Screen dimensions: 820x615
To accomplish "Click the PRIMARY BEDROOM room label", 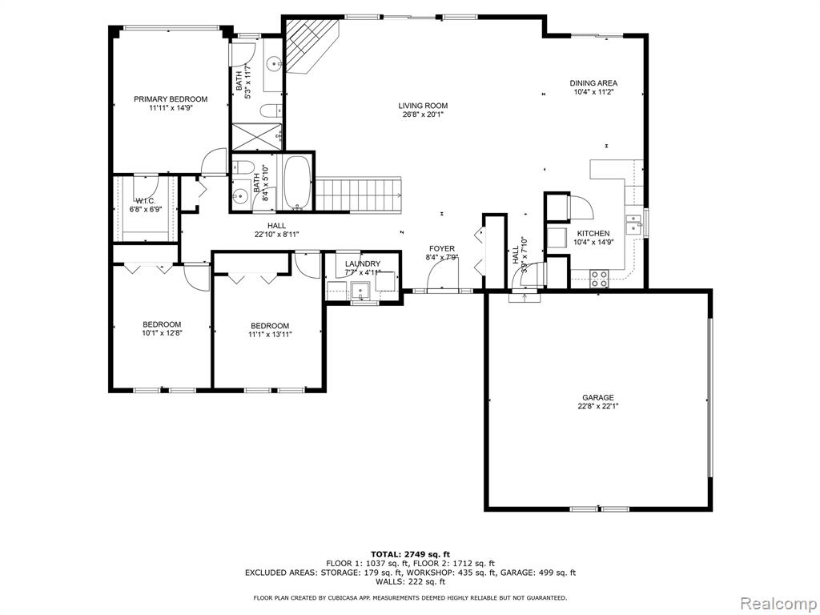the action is pyautogui.click(x=171, y=98).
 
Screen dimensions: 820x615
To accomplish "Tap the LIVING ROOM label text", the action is pyautogui.click(x=423, y=106).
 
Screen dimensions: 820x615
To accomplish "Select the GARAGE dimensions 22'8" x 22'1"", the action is pyautogui.click(x=599, y=406).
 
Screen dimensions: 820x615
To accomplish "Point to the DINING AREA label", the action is pyautogui.click(x=593, y=82).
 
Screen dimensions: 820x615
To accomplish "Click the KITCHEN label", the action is pyautogui.click(x=593, y=233).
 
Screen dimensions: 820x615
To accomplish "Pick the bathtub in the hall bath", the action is pyautogui.click(x=298, y=183).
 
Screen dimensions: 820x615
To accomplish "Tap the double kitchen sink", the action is pyautogui.click(x=634, y=224).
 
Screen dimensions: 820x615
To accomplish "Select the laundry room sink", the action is pyautogui.click(x=360, y=290).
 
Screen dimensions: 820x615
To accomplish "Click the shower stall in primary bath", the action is pyautogui.click(x=257, y=136).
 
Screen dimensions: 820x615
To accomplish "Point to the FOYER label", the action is pyautogui.click(x=442, y=248).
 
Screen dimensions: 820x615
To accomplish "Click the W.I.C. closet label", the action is pyautogui.click(x=146, y=201).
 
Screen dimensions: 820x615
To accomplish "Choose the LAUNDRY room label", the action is pyautogui.click(x=363, y=263).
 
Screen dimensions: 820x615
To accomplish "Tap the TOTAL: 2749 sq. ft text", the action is pyautogui.click(x=411, y=554).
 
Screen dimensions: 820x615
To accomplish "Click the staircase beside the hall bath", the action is pyautogui.click(x=359, y=195).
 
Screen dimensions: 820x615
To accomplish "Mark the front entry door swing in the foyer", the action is pyautogui.click(x=443, y=274).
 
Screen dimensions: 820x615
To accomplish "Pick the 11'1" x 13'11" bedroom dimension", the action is pyautogui.click(x=271, y=334).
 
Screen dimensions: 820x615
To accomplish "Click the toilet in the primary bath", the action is pyautogui.click(x=271, y=111).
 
